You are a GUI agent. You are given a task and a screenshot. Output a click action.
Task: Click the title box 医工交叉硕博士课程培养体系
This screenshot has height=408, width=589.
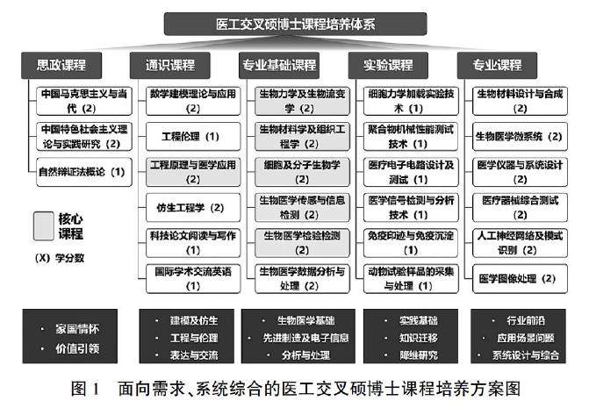[295, 24]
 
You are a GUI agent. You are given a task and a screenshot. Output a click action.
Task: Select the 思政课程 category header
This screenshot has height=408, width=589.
[61, 65]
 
